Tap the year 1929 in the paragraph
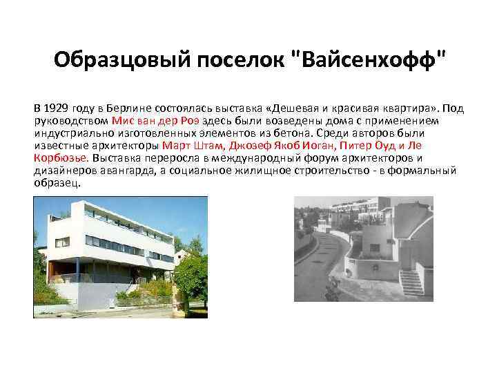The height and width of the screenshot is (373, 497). pyautogui.click(x=57, y=108)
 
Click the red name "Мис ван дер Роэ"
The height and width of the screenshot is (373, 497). pyautogui.click(x=154, y=121)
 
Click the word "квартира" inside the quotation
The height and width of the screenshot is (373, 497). pyautogui.click(x=411, y=108)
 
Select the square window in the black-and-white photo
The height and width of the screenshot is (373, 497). pyautogui.click(x=373, y=247)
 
